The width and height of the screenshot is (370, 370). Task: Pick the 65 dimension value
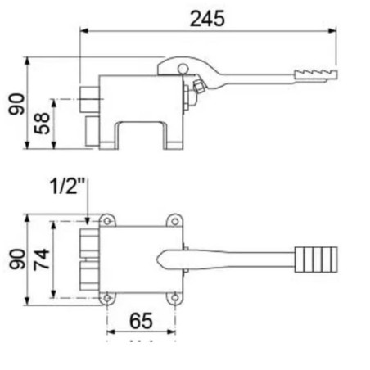click(141, 321)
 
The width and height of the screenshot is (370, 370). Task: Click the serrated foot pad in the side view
click(314, 76)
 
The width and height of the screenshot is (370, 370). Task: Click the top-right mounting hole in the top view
click(174, 219)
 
